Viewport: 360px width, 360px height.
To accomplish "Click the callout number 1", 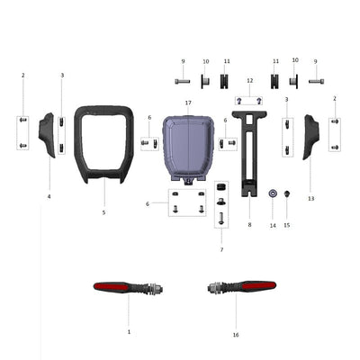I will pos(129,331).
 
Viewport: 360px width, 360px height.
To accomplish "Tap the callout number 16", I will pos(236,334).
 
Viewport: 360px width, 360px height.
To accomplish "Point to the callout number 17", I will pos(188,103).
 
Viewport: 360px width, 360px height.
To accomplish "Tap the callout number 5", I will pos(103,212).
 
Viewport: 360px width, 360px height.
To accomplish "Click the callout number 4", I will pos(49,195).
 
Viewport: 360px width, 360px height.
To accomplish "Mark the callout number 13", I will pos(310,197).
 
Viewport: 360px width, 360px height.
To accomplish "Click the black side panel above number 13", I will pos(310,136).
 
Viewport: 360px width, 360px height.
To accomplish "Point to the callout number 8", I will pos(249,225).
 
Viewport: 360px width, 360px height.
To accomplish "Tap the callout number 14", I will pos(272,225).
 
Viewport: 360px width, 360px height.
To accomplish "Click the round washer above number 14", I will pos(272,194).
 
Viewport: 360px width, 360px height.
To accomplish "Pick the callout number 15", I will pos(287,225).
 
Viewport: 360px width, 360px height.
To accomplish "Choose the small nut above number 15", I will pos(287,194).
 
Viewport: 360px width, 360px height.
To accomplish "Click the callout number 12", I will pos(249,81).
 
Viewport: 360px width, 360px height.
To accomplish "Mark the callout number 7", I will pos(220,248).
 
